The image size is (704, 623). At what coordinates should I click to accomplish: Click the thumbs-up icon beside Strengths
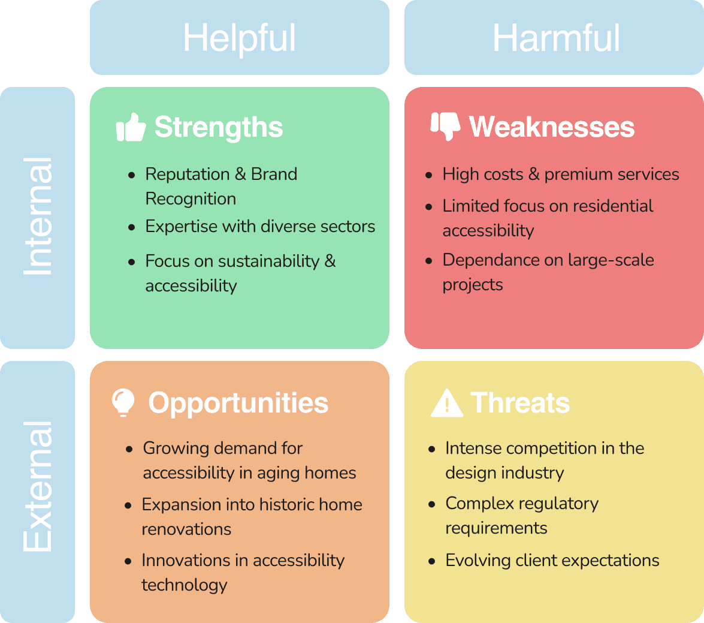[131, 128]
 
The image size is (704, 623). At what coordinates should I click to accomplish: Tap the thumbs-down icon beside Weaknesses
[445, 126]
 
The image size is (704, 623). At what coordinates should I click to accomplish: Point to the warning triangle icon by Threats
[446, 403]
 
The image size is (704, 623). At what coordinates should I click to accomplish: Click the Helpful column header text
[239, 38]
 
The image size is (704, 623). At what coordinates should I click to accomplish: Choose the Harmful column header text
[555, 38]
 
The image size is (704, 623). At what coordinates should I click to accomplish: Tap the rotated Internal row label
[38, 217]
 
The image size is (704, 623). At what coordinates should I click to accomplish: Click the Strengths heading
[219, 127]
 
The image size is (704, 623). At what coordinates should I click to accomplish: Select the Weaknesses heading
[551, 127]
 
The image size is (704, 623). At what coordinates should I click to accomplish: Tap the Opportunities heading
[238, 403]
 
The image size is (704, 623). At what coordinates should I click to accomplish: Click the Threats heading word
[520, 403]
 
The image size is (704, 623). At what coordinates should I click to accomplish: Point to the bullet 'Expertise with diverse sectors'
[260, 227]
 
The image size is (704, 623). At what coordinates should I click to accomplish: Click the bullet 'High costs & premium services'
[560, 174]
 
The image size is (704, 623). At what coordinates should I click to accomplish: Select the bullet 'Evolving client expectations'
[552, 561]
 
